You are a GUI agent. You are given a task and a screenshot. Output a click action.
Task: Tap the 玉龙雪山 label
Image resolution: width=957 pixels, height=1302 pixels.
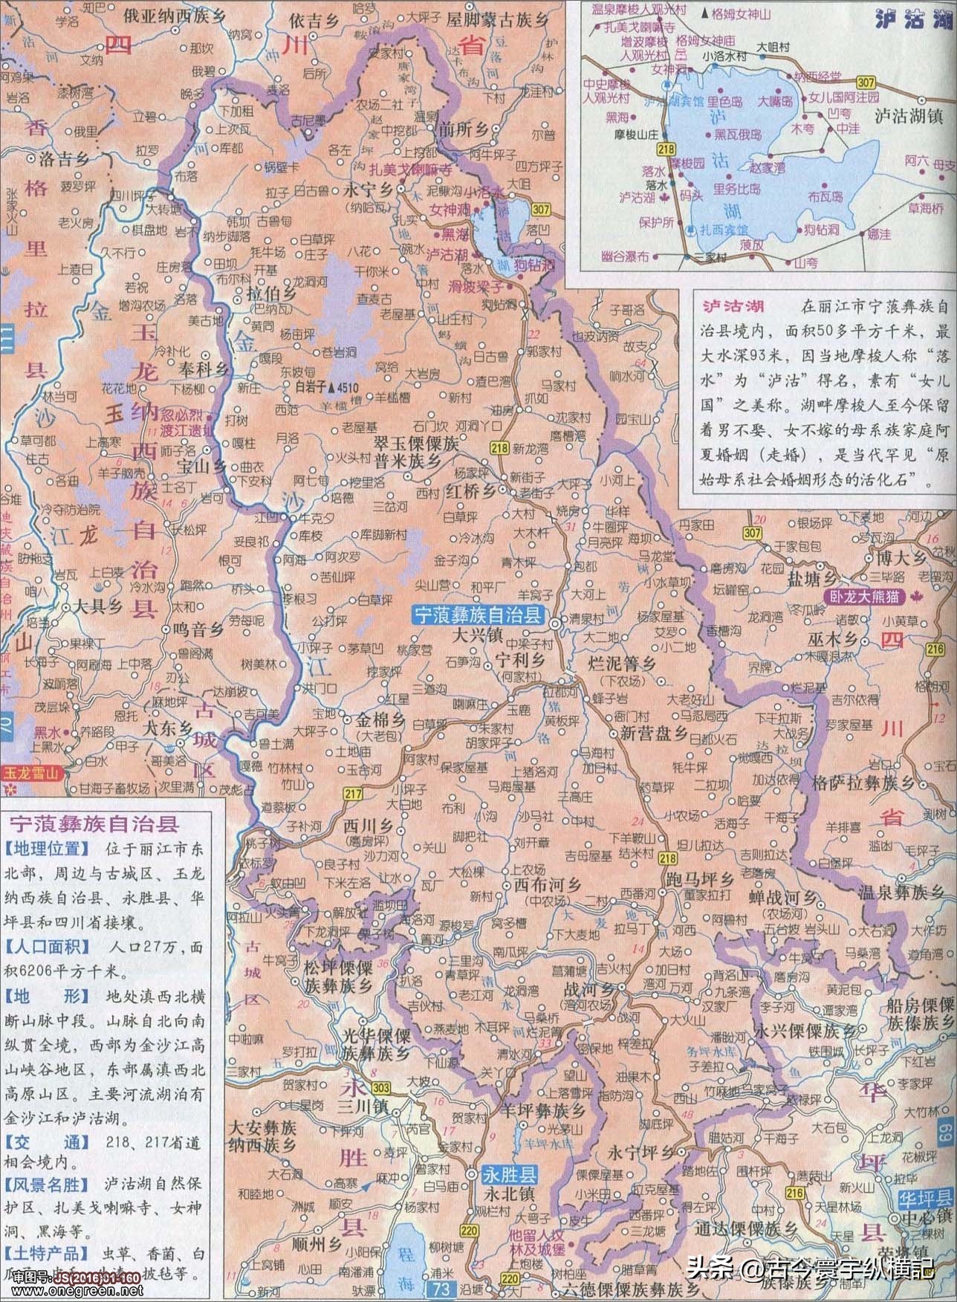tap(32, 771)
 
